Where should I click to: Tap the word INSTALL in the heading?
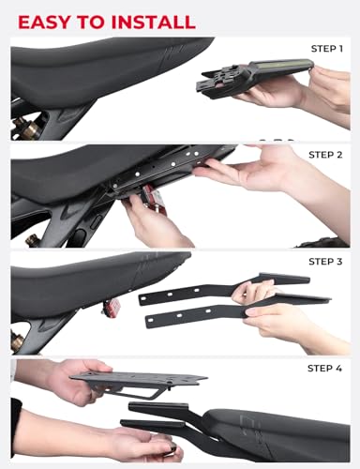tap(150, 21)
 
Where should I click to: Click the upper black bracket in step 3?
tap(202, 290)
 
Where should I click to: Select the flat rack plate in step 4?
tap(145, 383)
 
